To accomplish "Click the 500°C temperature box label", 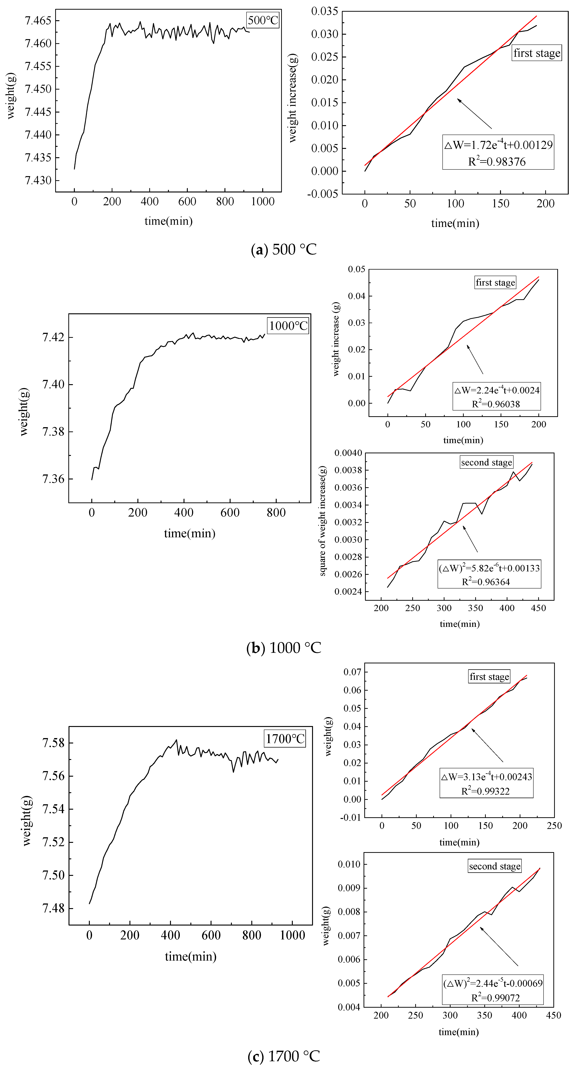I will click(263, 20).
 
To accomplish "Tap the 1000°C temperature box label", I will click(288, 325).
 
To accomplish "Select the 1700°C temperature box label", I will click(285, 739).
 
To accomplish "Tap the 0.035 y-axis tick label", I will click(324, 11).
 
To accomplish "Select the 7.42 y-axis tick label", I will click(54, 337).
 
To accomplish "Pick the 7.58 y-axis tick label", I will click(54, 743).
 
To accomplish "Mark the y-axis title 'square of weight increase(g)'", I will click(323, 521).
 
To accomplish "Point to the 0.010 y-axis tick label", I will click(349, 864).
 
